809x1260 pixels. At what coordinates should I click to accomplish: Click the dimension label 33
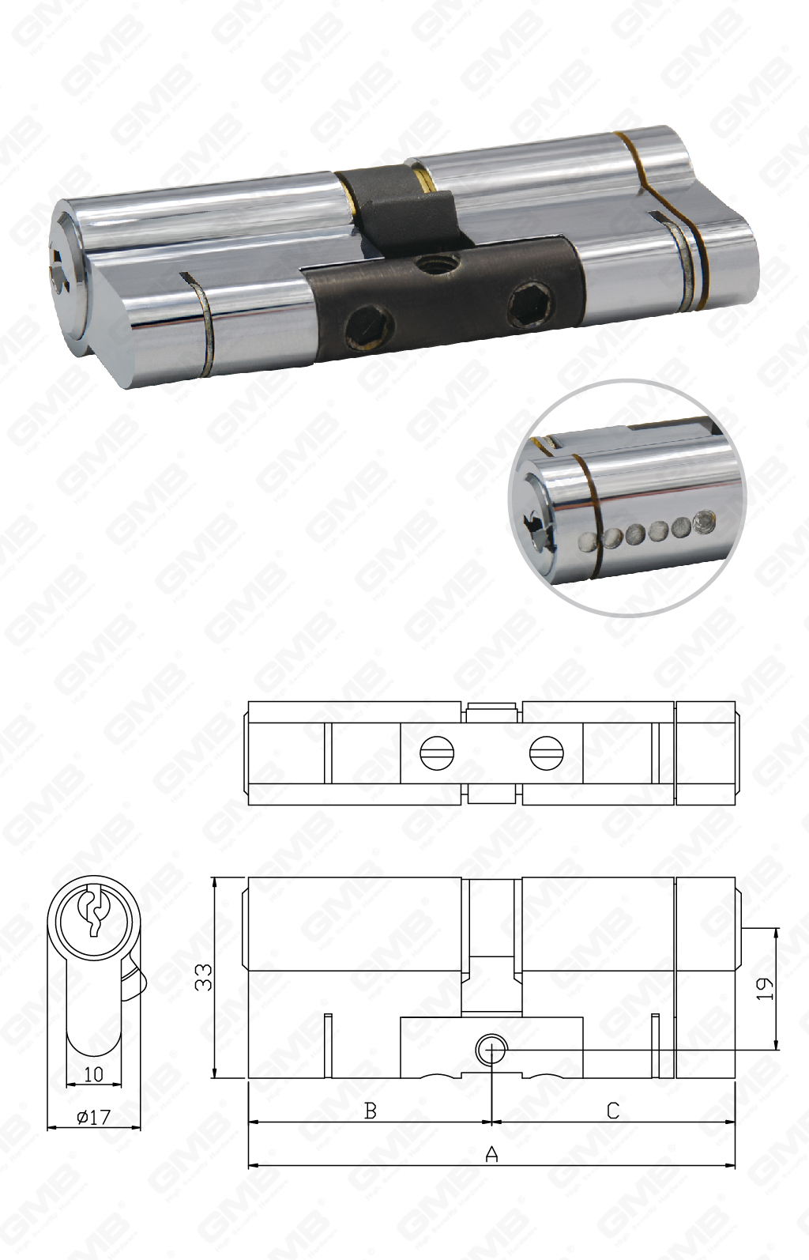(x=204, y=977)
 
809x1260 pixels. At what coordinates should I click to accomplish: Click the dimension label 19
(x=765, y=988)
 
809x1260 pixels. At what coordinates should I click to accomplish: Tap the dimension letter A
(x=491, y=1155)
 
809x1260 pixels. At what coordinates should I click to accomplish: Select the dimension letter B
(x=370, y=1111)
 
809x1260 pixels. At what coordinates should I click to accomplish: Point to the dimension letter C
(x=613, y=1111)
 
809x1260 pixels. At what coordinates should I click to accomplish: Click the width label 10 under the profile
(x=93, y=1074)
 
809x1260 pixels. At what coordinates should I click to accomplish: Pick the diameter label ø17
(x=93, y=1118)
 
